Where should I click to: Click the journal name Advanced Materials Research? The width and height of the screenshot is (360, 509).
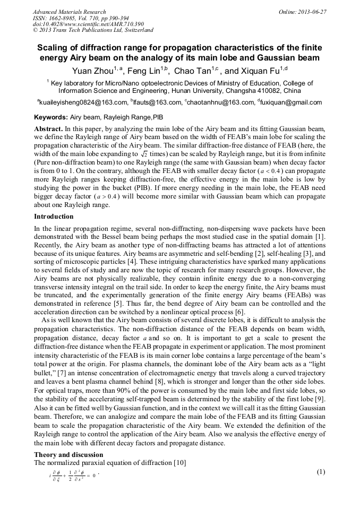(69, 12)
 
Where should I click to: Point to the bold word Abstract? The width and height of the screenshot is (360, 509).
(48, 129)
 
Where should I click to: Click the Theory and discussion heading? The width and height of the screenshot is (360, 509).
(68, 455)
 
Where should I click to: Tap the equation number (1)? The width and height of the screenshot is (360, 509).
(320, 472)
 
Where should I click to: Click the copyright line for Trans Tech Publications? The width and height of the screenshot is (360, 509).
(93, 31)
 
